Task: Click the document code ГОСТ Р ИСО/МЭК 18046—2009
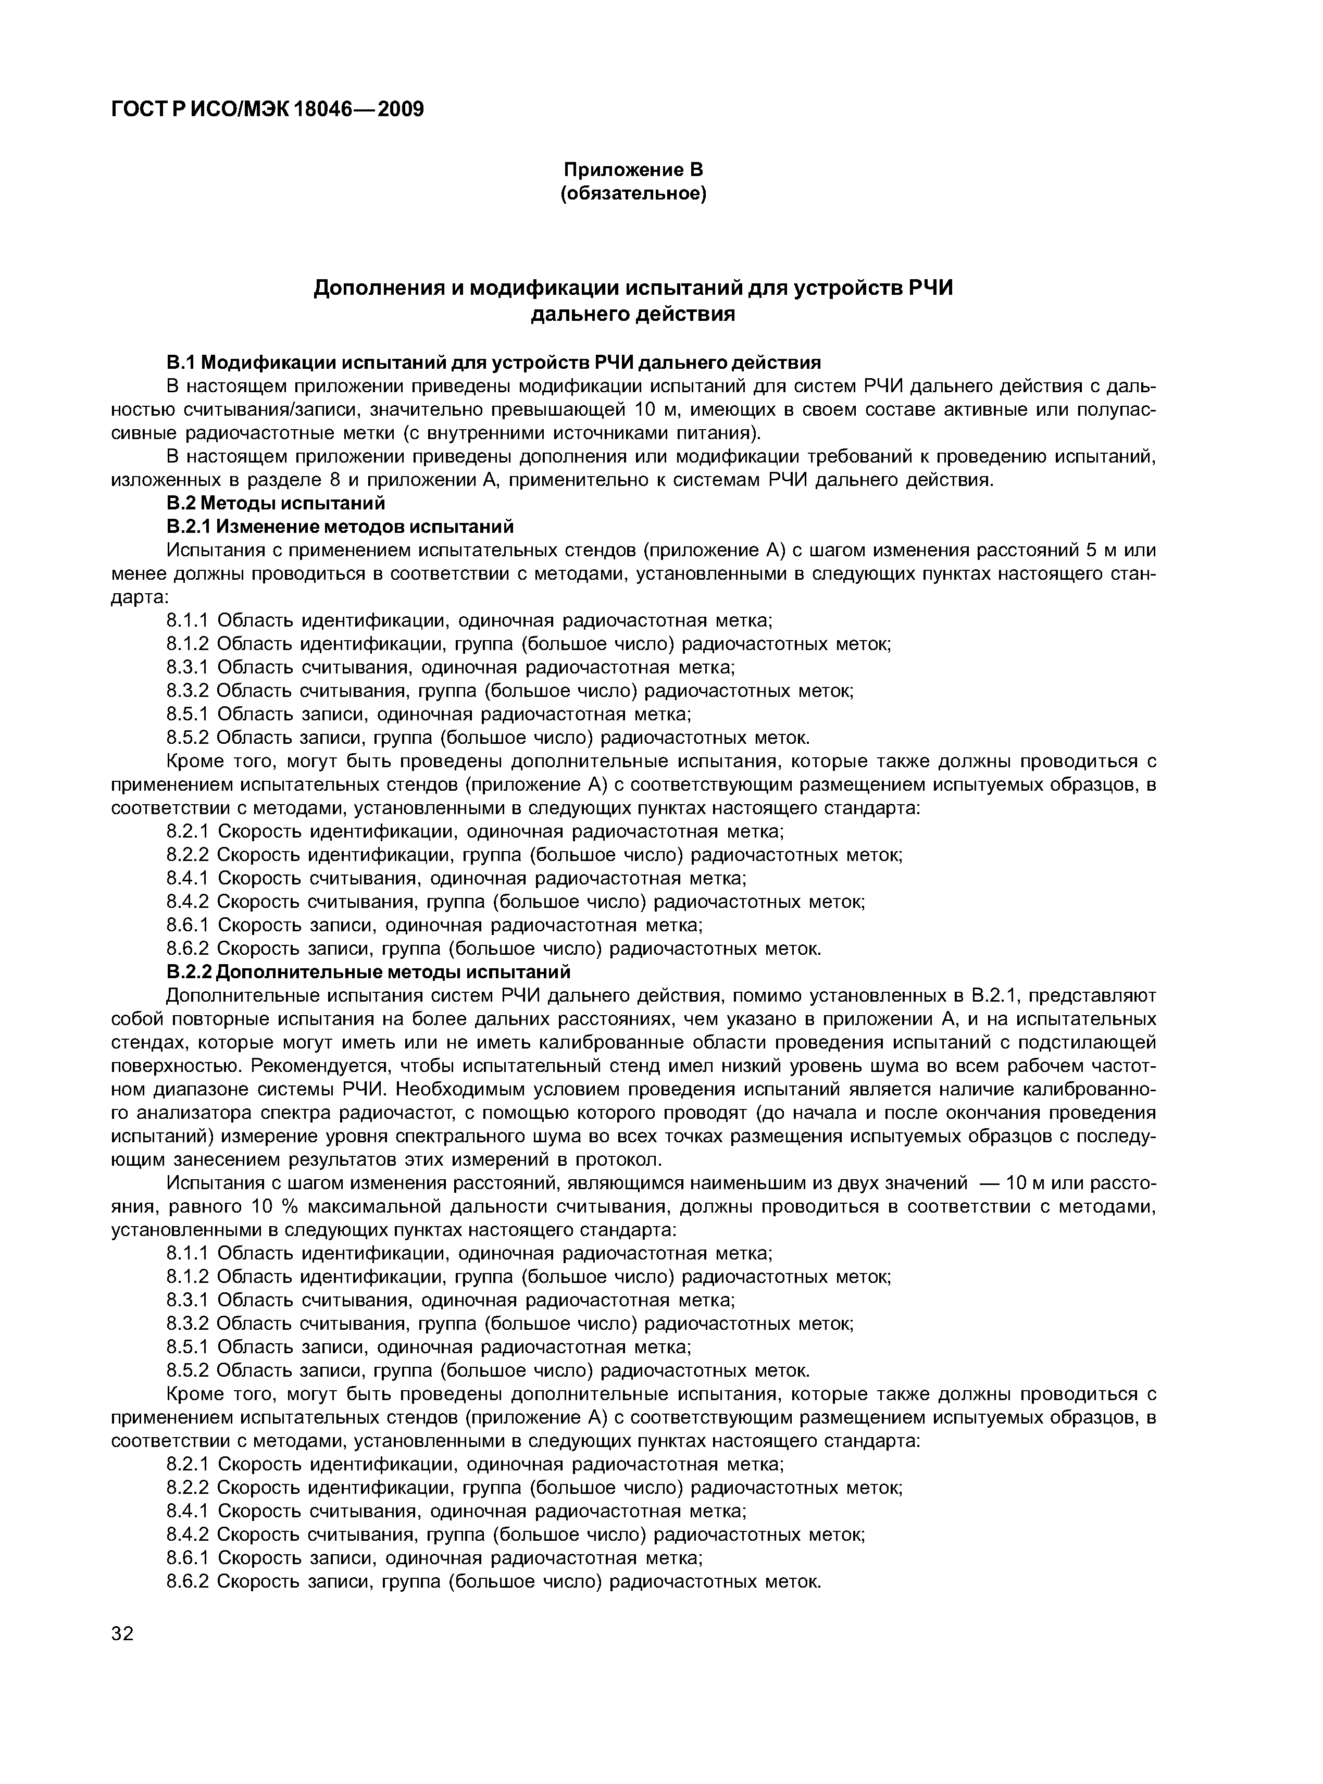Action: [x=267, y=109]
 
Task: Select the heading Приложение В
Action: [x=633, y=170]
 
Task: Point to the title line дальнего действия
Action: [x=633, y=315]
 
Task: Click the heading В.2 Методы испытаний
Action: [x=276, y=503]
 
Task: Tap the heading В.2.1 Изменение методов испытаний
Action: [x=340, y=526]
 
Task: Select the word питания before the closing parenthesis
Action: [x=718, y=433]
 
